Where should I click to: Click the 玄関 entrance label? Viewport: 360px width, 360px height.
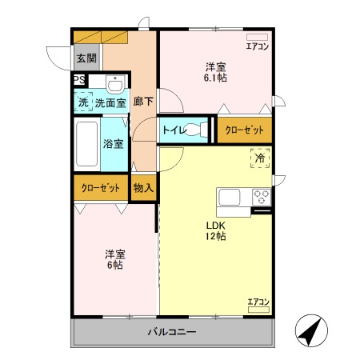pyautogui.click(x=86, y=58)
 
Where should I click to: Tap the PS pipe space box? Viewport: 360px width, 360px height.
pyautogui.click(x=78, y=79)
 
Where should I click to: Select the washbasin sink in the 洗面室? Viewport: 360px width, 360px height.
pyautogui.click(x=115, y=85)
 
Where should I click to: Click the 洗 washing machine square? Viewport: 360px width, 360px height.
pyautogui.click(x=82, y=102)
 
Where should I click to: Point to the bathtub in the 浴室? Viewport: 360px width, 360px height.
pyautogui.click(x=86, y=145)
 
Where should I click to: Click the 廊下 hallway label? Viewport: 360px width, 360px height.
pyautogui.click(x=143, y=102)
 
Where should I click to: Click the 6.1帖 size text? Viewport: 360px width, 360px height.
pyautogui.click(x=214, y=78)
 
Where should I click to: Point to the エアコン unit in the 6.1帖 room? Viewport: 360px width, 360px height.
pyautogui.click(x=256, y=38)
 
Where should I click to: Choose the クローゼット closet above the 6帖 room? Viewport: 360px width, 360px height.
pyautogui.click(x=100, y=188)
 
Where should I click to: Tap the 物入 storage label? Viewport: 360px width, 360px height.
pyautogui.click(x=143, y=188)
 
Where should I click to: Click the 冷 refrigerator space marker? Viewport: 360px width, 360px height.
pyautogui.click(x=260, y=158)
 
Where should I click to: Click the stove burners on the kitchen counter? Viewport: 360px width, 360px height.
pyautogui.click(x=262, y=197)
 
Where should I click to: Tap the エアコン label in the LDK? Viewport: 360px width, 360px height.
pyautogui.click(x=258, y=302)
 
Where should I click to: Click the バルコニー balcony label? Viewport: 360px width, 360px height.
pyautogui.click(x=172, y=331)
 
